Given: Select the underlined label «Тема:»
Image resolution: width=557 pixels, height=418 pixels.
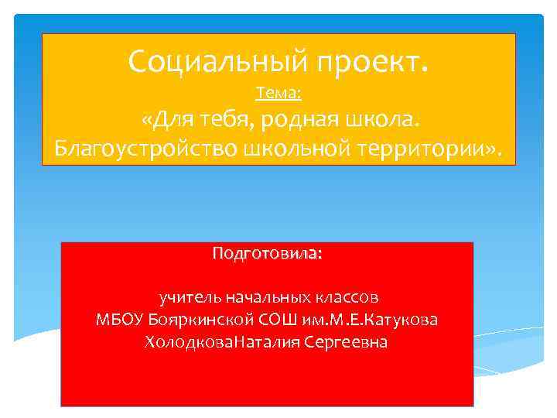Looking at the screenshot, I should coord(278,94).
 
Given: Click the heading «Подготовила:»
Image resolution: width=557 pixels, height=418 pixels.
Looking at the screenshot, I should coord(267,254).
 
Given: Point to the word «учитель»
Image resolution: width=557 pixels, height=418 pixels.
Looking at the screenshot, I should coord(186,296).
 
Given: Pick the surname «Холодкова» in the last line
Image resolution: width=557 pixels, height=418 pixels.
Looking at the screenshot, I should coord(190,341).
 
